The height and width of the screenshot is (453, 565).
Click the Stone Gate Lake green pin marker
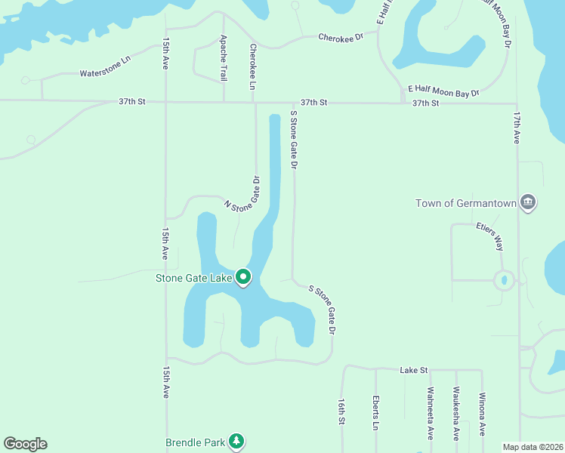tap(243, 278)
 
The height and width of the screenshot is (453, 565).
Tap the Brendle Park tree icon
tap(237, 441)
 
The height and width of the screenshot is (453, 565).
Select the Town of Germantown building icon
tap(528, 203)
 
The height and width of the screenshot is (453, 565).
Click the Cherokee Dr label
tap(341, 35)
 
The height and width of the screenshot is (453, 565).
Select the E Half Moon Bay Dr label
tap(443, 91)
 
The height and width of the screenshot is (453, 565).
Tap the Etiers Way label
tap(489, 235)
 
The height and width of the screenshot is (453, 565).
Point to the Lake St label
tap(414, 370)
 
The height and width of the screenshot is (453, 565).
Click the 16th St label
tap(341, 411)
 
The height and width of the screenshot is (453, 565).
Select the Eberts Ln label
tap(375, 412)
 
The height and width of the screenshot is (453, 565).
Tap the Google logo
tap(25, 444)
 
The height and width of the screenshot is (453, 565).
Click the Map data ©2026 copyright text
tap(532, 447)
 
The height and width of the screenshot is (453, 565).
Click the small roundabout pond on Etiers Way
tap(504, 280)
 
